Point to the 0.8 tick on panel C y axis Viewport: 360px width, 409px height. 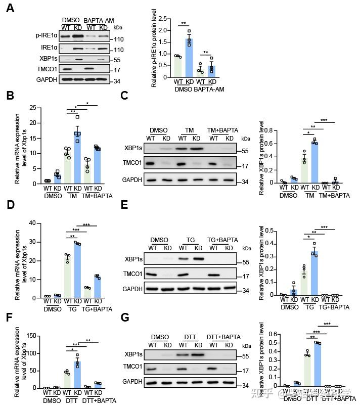(276, 130)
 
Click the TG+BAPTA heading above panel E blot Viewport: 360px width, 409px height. (222, 240)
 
